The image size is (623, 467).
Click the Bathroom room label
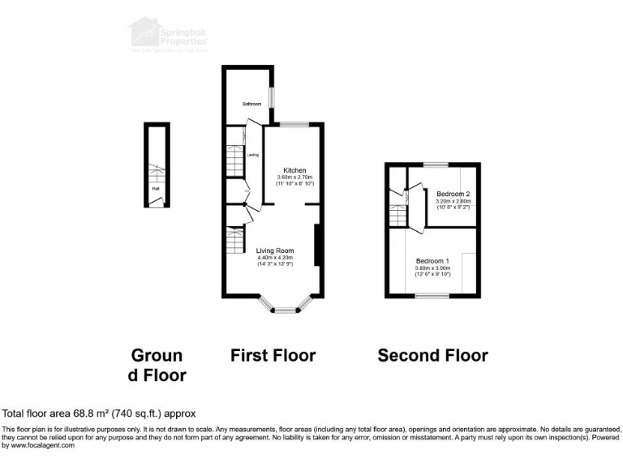click(252, 104)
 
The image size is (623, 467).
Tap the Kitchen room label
click(294, 169)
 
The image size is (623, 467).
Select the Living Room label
click(275, 251)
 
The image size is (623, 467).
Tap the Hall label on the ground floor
click(155, 190)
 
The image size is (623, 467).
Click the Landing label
click(253, 154)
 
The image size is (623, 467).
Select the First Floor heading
click(273, 355)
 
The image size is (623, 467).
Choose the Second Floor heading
click(432, 355)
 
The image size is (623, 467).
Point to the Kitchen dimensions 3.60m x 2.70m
click(294, 178)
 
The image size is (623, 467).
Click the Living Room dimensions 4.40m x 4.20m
click(275, 258)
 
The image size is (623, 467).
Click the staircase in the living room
click(235, 240)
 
